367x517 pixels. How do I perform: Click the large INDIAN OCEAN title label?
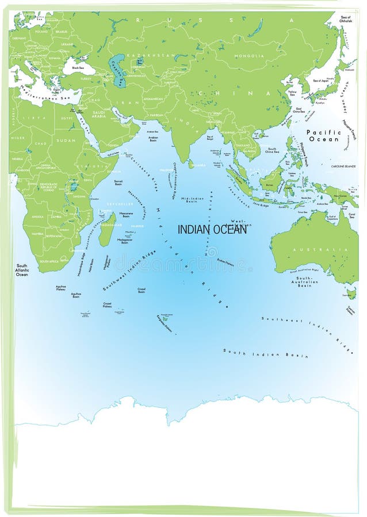pos(212,229)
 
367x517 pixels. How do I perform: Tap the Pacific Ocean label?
pos(323,136)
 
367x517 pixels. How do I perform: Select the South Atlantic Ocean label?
pos(22,270)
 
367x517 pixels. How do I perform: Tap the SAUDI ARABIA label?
pos(99,114)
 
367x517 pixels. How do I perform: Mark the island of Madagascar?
pos(106,229)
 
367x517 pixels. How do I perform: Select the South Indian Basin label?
pos(265,353)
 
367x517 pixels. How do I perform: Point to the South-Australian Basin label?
pos(304,281)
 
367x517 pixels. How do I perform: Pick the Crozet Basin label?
pos(142,290)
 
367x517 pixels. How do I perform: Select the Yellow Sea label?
pos(292,92)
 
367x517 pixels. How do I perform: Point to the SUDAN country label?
pos(66,140)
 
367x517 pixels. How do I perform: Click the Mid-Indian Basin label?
pos(192,200)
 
